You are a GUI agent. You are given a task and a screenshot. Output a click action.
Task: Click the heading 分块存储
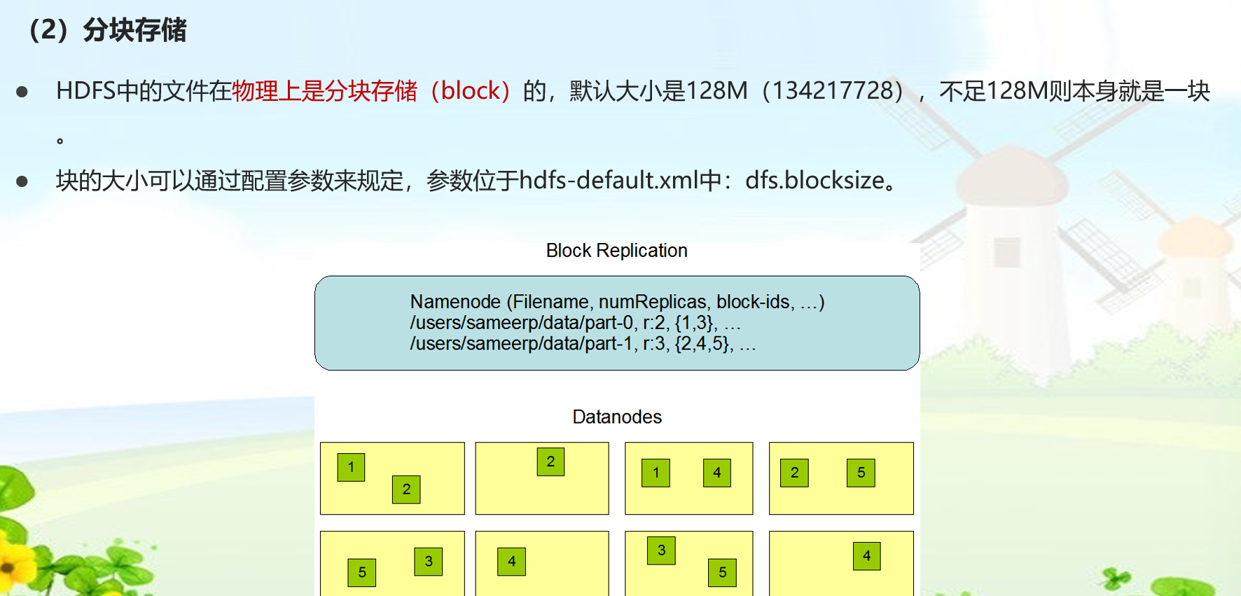[x=134, y=31]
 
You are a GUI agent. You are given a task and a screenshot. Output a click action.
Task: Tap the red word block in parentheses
[x=470, y=91]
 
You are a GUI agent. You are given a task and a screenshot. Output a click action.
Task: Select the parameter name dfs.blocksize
[x=814, y=181]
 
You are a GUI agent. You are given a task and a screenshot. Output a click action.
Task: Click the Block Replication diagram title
[x=616, y=251]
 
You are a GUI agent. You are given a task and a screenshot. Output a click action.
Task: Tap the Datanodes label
[x=616, y=417]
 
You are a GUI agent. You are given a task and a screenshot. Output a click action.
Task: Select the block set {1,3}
[x=695, y=323]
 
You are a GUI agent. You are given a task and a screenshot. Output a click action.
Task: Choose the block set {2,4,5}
[x=704, y=344]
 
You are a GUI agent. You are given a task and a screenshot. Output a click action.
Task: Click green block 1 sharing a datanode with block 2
[x=351, y=467]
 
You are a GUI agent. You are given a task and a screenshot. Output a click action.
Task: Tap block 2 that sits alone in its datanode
[x=550, y=462]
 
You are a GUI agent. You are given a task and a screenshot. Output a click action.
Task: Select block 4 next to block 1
[x=716, y=473]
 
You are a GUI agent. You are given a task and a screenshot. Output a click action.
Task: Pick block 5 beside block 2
[x=861, y=473]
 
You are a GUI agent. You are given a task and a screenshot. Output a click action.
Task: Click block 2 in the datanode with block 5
[x=794, y=473]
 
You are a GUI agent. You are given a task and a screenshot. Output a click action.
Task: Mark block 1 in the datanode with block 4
[x=656, y=473]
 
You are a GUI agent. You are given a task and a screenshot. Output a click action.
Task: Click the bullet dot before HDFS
[x=22, y=92]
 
